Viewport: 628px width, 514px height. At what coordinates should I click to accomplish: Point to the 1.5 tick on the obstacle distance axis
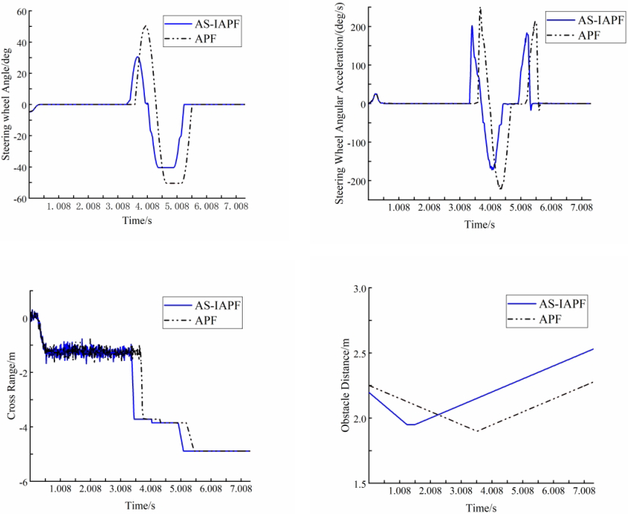click(358, 483)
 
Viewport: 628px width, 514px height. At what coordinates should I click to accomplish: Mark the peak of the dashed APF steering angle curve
click(146, 27)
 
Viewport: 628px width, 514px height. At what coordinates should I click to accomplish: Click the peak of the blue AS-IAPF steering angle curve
click(137, 57)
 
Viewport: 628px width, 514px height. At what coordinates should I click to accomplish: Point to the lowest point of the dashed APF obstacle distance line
click(477, 430)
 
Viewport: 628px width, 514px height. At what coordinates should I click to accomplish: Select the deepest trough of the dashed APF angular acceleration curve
click(500, 189)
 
